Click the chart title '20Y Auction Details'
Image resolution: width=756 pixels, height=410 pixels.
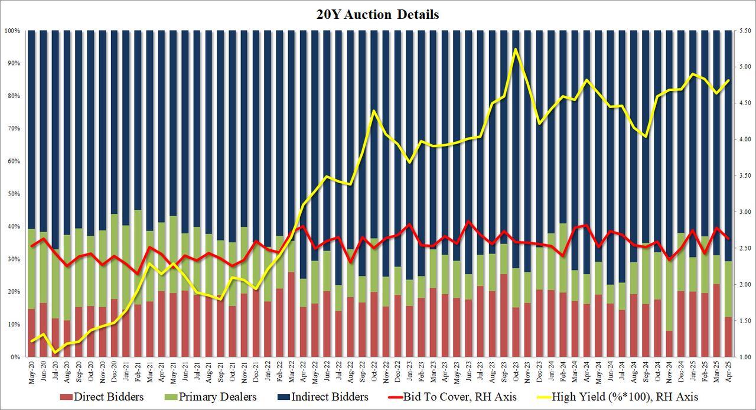[x=377, y=15]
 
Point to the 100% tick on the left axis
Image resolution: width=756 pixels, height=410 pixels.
[x=12, y=30]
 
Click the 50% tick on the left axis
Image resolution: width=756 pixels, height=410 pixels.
[x=14, y=194]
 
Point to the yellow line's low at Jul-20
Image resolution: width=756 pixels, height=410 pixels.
[x=56, y=353]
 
